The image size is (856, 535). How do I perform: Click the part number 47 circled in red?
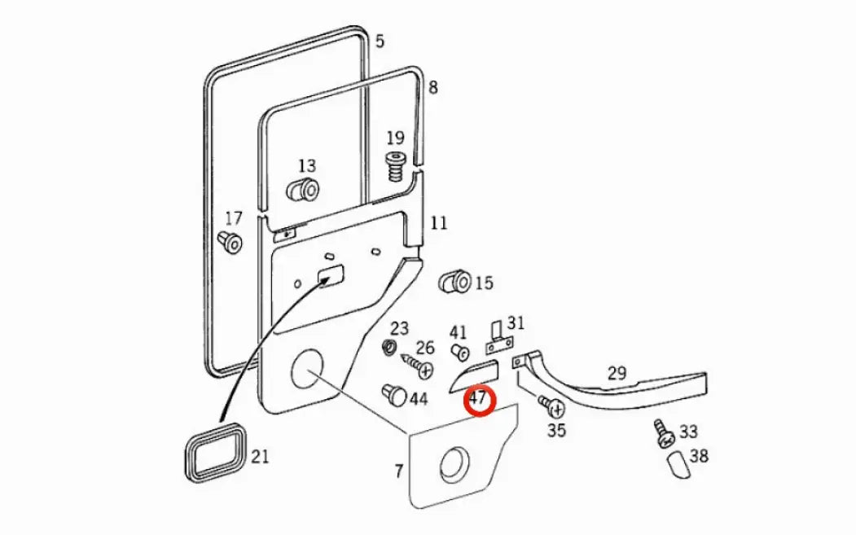tap(477, 400)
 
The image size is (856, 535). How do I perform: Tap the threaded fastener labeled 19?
tap(396, 169)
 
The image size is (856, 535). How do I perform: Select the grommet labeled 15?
tap(453, 282)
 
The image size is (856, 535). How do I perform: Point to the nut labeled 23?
tap(389, 349)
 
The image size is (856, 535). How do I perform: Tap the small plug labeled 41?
tap(459, 352)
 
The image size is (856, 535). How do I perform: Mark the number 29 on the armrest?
tap(617, 374)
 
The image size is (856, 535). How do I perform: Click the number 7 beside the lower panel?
tap(398, 471)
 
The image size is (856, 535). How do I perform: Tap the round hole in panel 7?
tap(454, 465)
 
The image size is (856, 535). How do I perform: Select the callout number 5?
tap(380, 40)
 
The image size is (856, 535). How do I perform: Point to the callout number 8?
tap(432, 86)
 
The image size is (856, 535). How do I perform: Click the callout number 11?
tap(439, 222)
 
